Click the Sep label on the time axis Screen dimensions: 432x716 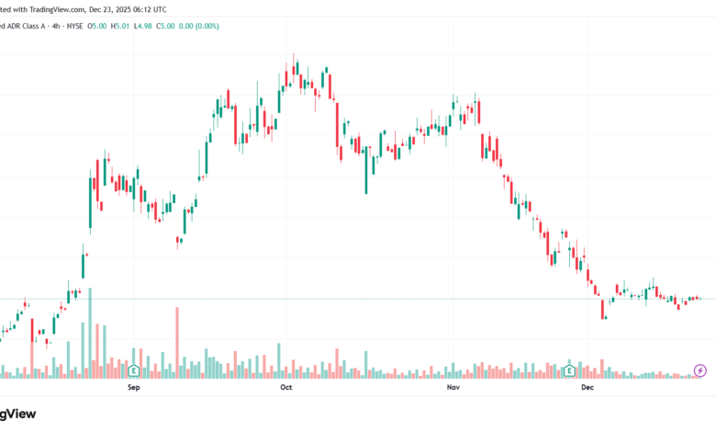click(133, 388)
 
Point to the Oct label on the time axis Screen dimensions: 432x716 click(285, 388)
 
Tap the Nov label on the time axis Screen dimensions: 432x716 click(453, 388)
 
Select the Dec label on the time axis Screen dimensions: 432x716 click(588, 388)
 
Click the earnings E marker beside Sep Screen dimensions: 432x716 click(134, 371)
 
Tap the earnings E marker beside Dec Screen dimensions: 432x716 click(570, 371)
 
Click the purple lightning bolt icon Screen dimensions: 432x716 click(701, 370)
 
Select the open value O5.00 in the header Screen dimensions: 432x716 click(98, 26)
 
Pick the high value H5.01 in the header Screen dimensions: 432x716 click(121, 26)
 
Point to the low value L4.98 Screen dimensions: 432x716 click(143, 26)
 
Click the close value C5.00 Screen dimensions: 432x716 click(165, 26)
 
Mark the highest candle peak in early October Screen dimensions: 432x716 click(294, 55)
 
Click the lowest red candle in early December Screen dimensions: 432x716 click(603, 313)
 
